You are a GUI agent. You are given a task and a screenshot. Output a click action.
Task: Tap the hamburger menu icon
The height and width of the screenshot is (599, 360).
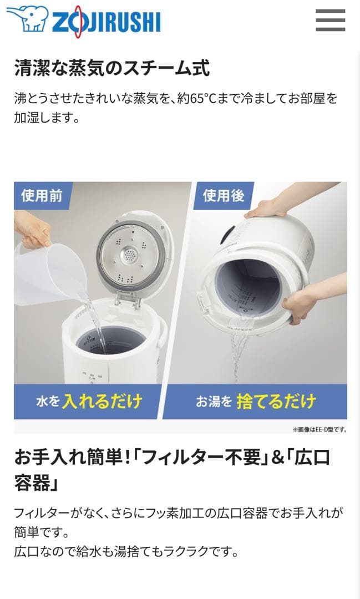tap(331, 21)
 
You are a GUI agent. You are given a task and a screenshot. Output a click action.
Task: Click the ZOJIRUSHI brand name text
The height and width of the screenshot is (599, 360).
tap(105, 22)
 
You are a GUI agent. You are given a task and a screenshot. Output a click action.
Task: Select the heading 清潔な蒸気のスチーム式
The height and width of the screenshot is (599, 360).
tap(111, 69)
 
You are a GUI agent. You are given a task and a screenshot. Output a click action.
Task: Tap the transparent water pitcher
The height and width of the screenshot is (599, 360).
tap(50, 272)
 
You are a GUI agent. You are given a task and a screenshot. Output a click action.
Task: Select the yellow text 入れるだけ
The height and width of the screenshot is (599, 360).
tap(102, 401)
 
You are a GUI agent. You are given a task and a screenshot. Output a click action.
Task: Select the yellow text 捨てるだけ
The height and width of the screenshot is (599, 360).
tap(276, 401)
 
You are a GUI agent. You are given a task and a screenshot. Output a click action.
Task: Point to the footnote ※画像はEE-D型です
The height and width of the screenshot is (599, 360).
tap(319, 429)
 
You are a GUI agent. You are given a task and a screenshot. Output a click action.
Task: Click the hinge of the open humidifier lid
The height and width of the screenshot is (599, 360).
tap(126, 300)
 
